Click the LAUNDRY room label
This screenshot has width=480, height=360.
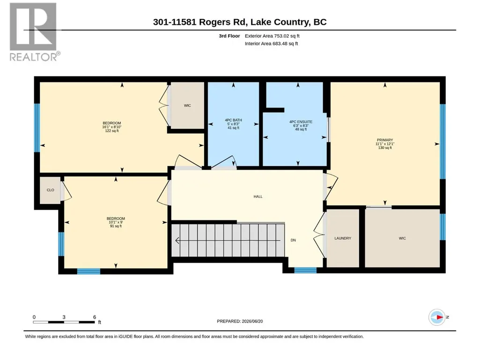pos(342,238)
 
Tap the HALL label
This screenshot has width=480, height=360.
pos(258,197)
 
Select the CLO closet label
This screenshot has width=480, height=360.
pos(50,190)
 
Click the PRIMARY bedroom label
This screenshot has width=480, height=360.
pos(385,140)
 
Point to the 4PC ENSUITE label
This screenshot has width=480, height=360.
pos(301,122)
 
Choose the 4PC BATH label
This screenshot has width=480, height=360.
pos(233,120)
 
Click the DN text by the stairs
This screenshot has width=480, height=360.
pos(293,240)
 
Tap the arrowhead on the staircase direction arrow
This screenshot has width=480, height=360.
pos(177,241)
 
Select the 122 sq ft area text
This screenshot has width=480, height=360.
pos(112,131)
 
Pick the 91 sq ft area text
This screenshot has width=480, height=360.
pos(116,226)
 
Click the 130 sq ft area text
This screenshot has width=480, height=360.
pos(385,147)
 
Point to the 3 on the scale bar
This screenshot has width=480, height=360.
pos(64,317)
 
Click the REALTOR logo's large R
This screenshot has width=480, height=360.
pos(33,27)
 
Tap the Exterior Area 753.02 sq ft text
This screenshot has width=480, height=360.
pos(272,36)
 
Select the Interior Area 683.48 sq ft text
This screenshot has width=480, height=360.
pos(271,44)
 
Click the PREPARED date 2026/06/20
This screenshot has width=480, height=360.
pos(252,321)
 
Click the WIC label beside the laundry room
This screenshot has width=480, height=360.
pos(402,238)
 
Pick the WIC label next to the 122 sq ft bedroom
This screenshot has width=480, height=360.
pos(187,106)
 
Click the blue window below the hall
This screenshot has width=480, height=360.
pos(305,270)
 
